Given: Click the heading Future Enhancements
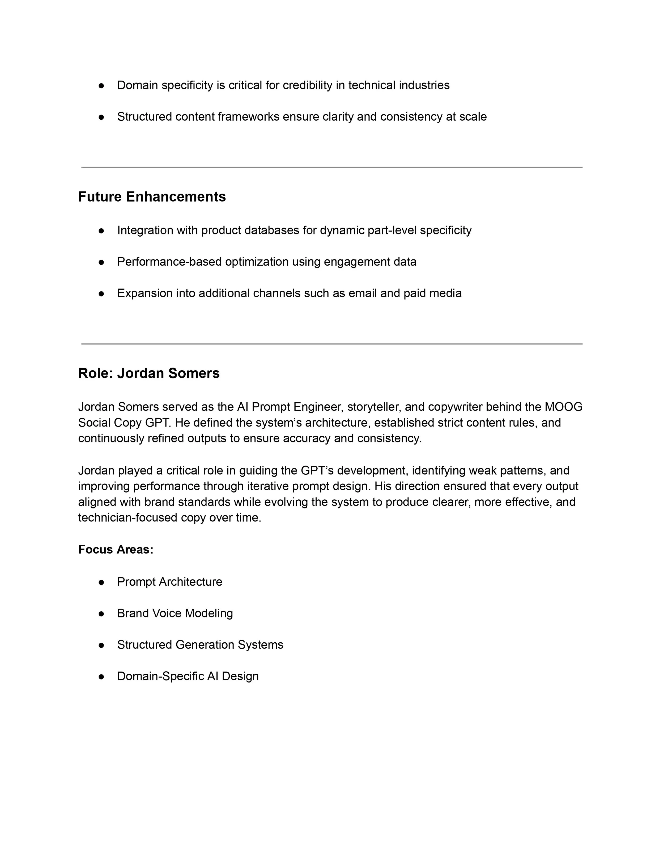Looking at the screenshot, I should (x=152, y=197).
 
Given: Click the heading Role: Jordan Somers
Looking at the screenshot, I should (x=149, y=373).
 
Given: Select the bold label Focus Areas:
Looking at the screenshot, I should (x=116, y=549).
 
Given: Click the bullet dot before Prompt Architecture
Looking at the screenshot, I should (x=101, y=582).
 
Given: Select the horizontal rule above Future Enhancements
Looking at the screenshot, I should (x=332, y=167).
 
